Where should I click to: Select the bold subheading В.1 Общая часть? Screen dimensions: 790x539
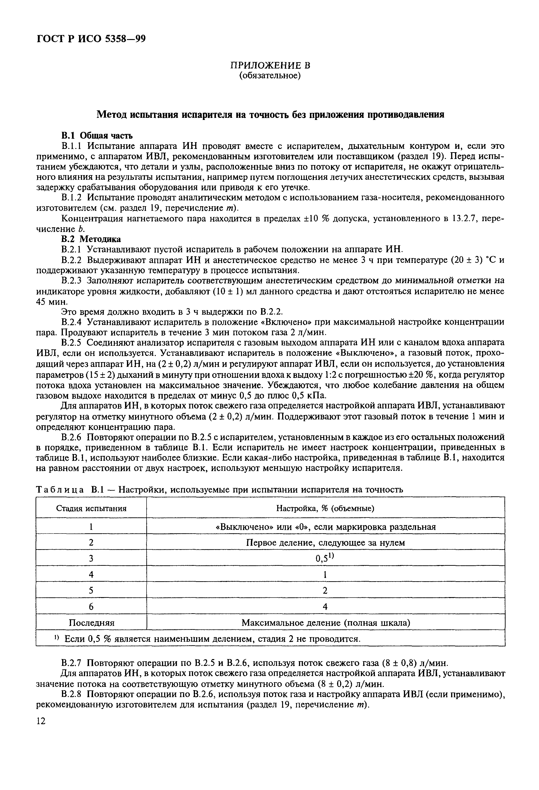pyautogui.click(x=97, y=136)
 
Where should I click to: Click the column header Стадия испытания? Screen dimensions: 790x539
pyautogui.click(x=91, y=509)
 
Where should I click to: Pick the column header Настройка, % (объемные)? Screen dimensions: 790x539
pyautogui.click(x=325, y=509)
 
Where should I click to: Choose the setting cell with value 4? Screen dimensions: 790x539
pyautogui.click(x=325, y=606)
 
